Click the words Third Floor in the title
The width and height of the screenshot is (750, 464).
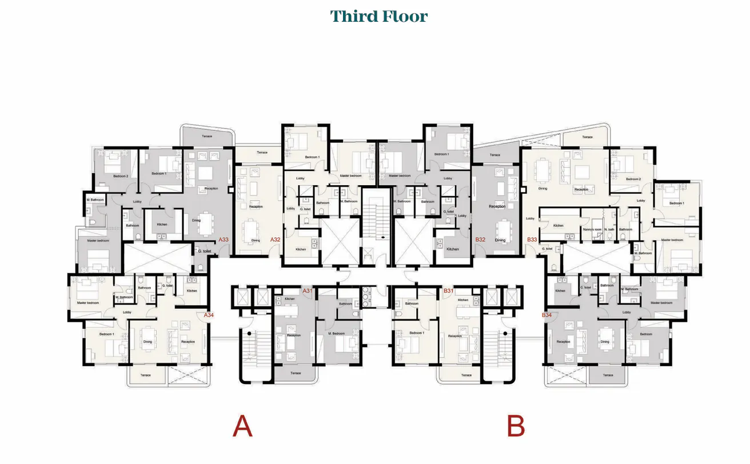point(378,16)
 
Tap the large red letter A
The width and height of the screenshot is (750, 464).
point(242,426)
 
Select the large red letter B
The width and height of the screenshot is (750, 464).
point(516,426)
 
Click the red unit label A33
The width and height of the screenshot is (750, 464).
point(224,240)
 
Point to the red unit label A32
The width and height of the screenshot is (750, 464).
point(275,240)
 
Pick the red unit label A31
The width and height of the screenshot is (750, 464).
point(308,291)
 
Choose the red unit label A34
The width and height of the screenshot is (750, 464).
point(209,315)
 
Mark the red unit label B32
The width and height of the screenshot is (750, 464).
point(480,240)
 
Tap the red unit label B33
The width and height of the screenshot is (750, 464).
point(532,240)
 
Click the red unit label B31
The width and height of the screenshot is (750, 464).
point(449,291)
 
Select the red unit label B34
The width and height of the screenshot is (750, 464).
point(547,315)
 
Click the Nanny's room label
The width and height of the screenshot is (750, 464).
point(591,230)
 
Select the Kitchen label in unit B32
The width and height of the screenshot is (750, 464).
point(453,249)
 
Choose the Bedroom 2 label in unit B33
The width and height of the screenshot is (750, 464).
point(633,179)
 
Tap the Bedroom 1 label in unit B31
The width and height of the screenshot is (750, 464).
point(417,333)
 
